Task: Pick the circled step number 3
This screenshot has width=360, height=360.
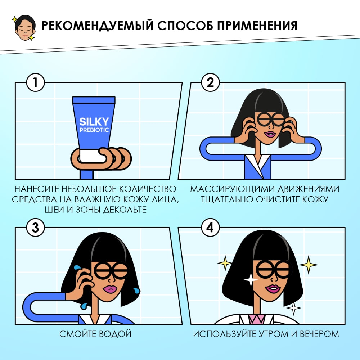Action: click(35, 228)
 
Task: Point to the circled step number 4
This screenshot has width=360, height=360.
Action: click(208, 228)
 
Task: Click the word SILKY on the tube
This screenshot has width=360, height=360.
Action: click(94, 121)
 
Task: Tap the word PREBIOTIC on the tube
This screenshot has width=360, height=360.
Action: click(94, 130)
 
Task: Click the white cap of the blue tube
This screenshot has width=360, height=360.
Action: click(93, 156)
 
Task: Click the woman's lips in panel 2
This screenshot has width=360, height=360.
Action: click(269, 134)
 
